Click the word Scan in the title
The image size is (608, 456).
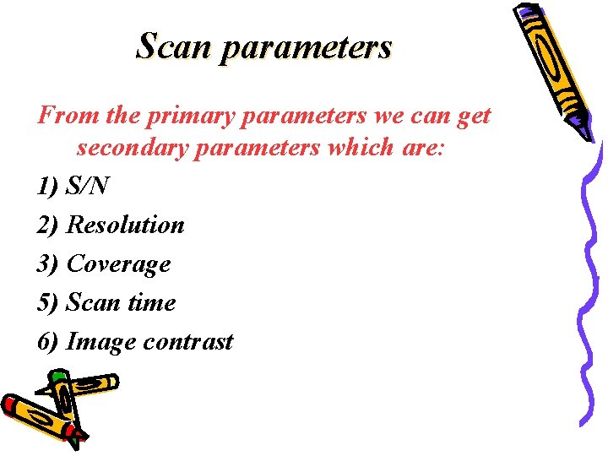[173, 46]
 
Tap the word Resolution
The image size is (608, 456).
[125, 225]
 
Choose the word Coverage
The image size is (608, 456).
[118, 264]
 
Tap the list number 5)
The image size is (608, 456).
[48, 302]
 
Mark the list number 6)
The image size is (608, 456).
[48, 342]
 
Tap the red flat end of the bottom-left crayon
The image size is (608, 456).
[10, 404]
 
